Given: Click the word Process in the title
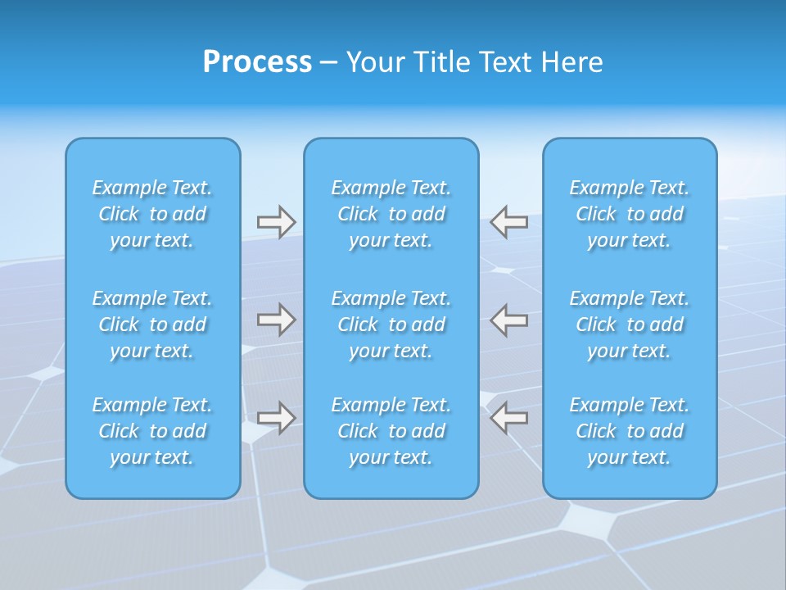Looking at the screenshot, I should tap(257, 62).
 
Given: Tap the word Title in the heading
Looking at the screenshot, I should tap(442, 62).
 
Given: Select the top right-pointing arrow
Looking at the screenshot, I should tap(277, 222).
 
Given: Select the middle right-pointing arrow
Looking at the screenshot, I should tap(277, 320).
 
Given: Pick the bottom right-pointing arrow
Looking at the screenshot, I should tap(277, 417).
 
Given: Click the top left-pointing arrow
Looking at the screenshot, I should tap(508, 222).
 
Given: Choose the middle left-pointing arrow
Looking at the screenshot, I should tap(508, 320).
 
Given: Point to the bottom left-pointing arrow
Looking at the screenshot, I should tap(508, 417).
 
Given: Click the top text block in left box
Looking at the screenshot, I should tap(152, 214).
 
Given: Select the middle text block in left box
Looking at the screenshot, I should tap(152, 324).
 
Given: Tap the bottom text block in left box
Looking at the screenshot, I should tap(152, 431).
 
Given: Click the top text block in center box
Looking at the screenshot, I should tap(391, 214).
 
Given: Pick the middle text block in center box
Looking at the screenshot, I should tap(391, 324).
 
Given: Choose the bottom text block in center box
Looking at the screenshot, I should tap(391, 431).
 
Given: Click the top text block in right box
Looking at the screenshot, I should tap(629, 214).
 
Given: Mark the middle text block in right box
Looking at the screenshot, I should tap(629, 324).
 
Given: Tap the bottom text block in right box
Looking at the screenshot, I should tap(629, 431).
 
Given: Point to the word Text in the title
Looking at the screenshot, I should tap(504, 62).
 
